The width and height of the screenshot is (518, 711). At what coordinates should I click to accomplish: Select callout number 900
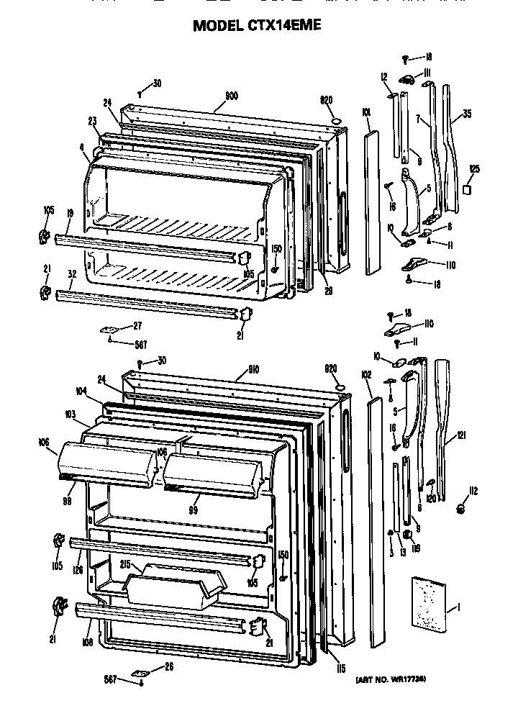pyautogui.click(x=232, y=96)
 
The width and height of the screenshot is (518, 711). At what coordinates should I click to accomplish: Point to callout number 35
pyautogui.click(x=467, y=114)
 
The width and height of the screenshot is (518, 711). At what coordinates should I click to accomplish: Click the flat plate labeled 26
pyautogui.click(x=140, y=671)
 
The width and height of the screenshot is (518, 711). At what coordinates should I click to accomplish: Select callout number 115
pyautogui.click(x=340, y=669)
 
